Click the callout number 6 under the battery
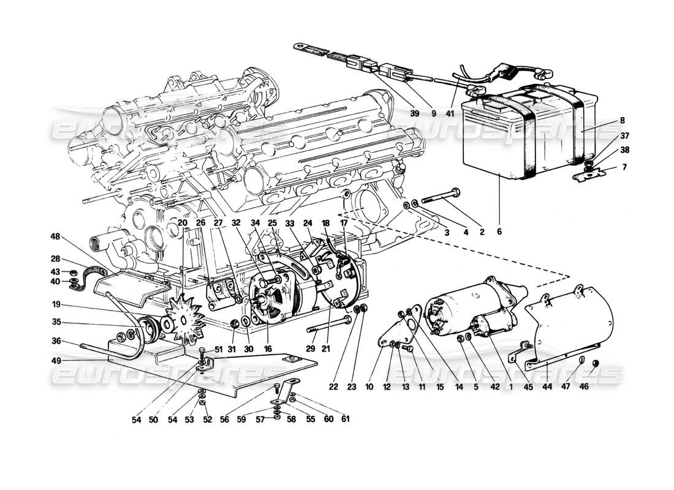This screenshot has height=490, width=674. click(x=499, y=233)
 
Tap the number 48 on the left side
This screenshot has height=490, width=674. click(x=55, y=237)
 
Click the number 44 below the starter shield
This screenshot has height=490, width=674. click(x=547, y=387)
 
